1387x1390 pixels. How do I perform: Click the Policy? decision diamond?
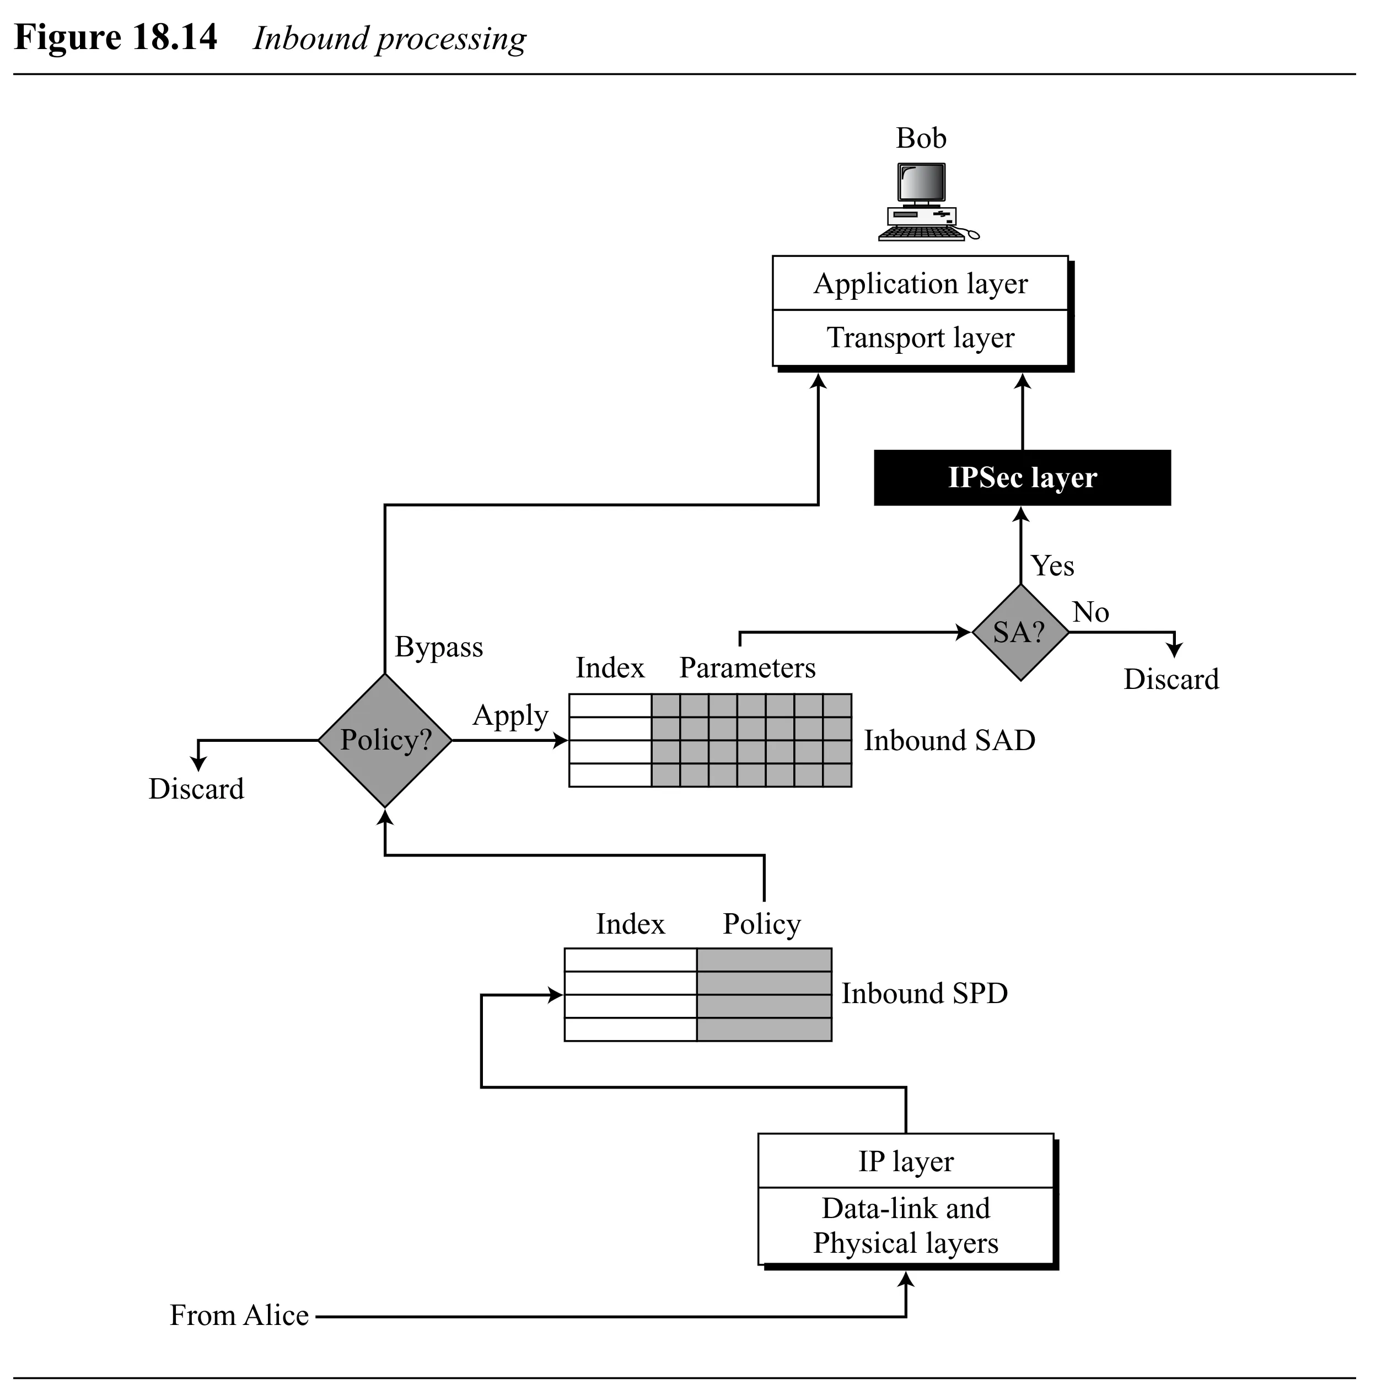point(385,740)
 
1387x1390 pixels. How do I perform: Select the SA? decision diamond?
point(1020,632)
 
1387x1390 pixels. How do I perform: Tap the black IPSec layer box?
point(1022,478)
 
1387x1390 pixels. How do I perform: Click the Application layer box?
point(920,283)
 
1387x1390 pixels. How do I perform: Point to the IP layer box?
point(906,1161)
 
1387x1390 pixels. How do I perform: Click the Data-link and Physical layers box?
point(906,1226)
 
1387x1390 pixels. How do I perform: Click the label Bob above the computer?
point(921,138)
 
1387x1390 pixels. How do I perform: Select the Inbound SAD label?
point(949,740)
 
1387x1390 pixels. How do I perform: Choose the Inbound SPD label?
point(924,994)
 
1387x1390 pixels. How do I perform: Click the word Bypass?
point(438,648)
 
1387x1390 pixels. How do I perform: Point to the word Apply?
point(510,716)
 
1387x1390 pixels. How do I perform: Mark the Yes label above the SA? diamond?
point(1052,566)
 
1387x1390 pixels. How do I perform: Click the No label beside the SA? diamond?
point(1090,612)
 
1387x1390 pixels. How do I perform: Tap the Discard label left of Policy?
point(196,789)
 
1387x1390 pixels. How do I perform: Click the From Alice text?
point(239,1315)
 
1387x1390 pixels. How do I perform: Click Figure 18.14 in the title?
point(115,37)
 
